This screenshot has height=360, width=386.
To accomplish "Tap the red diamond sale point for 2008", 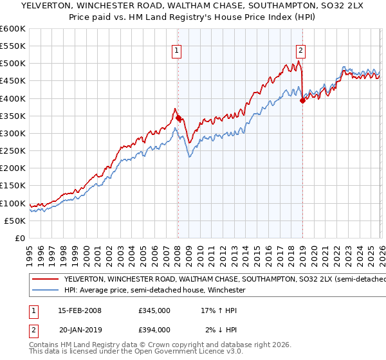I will [178, 118].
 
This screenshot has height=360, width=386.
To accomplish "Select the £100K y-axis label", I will [13, 203].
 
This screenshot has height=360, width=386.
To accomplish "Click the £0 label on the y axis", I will [21, 238].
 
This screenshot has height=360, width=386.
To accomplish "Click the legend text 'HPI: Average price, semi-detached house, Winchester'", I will [155, 290].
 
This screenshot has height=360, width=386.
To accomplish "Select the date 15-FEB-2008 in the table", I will [80, 310].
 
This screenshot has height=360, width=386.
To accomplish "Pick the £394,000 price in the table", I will [154, 330].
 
